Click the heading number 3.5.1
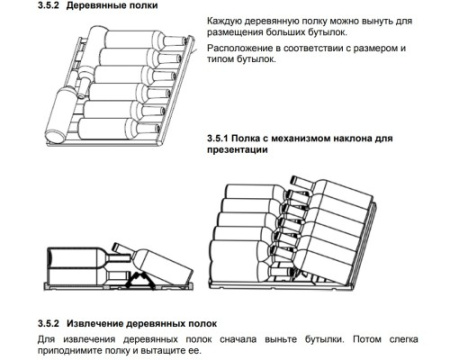218,138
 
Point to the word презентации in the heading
237,150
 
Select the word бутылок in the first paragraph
326,32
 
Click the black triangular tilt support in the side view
140,279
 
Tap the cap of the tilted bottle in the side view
117,247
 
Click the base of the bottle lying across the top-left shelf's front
56,136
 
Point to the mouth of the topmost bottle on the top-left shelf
185,40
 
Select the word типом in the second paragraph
220,59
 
